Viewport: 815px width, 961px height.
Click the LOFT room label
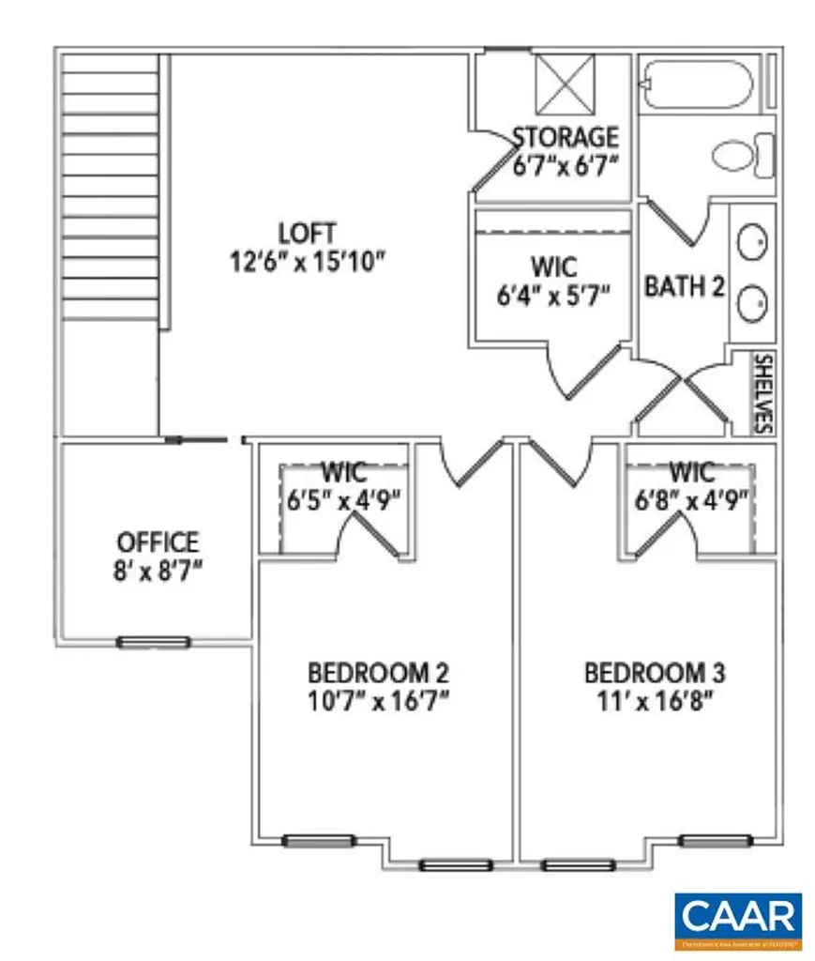[308, 231]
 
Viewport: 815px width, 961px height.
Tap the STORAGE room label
[565, 138]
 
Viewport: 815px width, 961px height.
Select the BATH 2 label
[685, 286]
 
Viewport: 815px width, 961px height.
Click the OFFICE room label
[158, 542]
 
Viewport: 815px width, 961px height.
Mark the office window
[153, 643]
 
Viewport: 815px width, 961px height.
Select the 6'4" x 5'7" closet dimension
[553, 296]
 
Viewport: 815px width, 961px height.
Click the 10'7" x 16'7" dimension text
[379, 701]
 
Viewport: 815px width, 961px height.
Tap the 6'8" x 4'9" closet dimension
[692, 497]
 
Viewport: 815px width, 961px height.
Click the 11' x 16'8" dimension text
[654, 701]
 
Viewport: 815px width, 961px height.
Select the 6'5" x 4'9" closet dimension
[344, 497]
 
